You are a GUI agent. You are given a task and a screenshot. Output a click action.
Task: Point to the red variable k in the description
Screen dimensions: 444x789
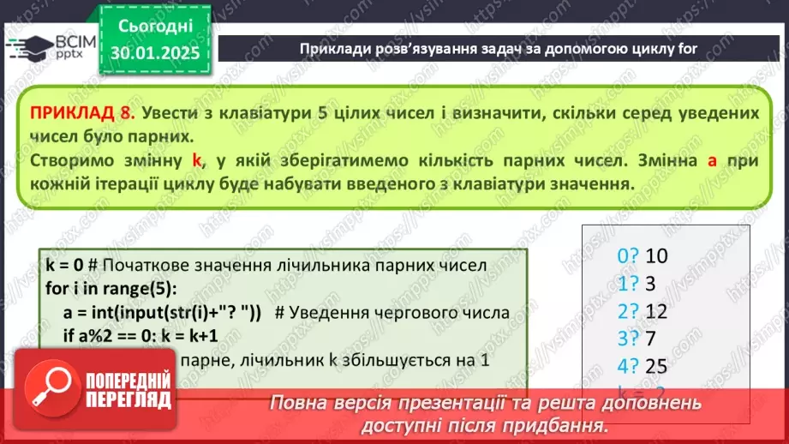196,160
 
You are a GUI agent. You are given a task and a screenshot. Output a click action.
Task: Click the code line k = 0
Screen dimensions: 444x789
65,266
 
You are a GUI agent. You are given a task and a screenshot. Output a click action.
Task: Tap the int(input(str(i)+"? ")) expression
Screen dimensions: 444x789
182,311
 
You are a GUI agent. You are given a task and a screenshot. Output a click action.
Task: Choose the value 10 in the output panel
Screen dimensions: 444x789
656,255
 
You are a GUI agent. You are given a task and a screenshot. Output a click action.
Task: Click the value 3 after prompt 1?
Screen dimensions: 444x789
649,283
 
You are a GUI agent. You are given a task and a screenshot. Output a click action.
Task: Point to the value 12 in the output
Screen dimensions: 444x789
655,311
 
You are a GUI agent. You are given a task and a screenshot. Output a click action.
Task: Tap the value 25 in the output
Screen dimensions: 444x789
656,367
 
